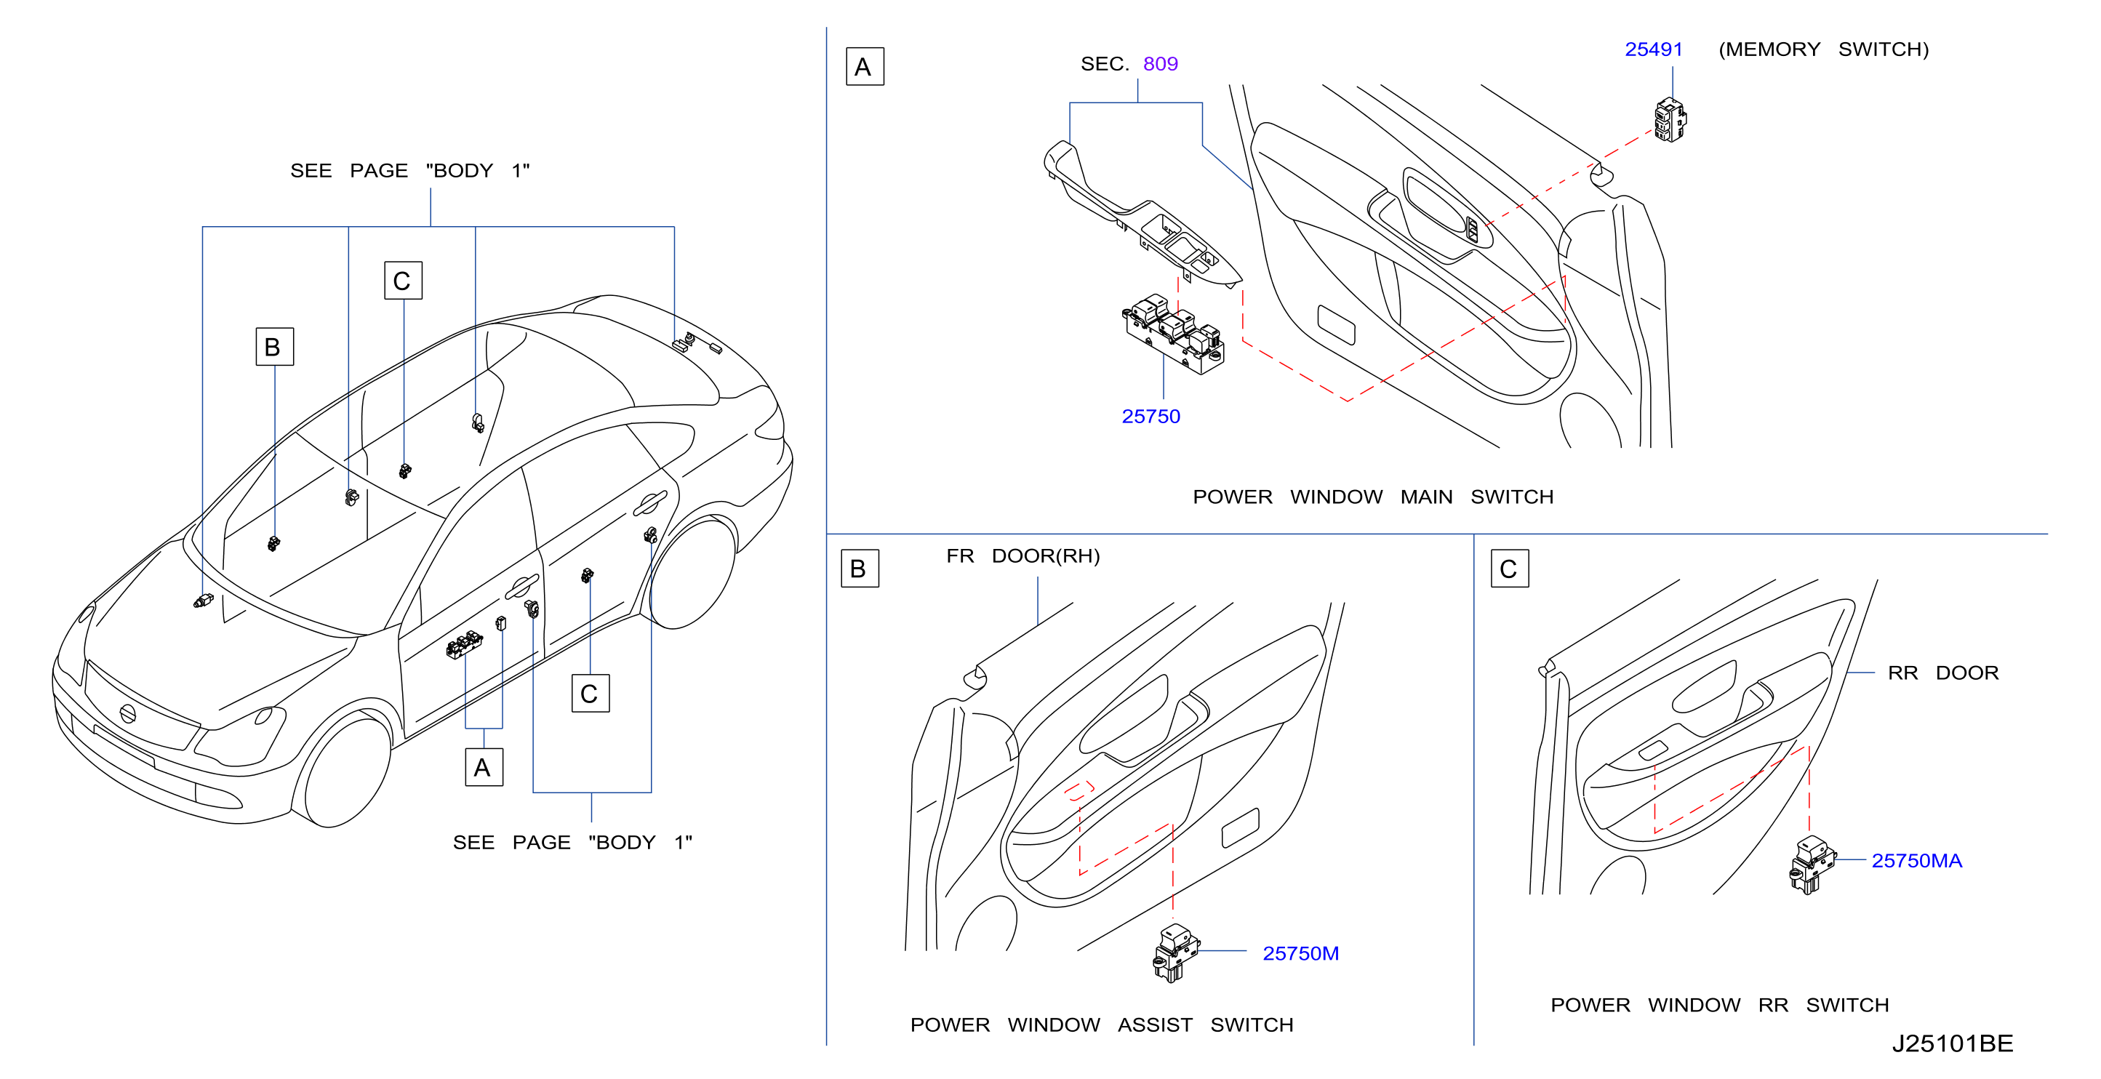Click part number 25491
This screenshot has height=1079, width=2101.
click(x=1653, y=49)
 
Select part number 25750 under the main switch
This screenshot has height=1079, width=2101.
click(x=1150, y=417)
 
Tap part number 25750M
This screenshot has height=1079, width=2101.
click(x=1301, y=953)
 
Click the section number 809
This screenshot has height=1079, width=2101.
click(x=1161, y=63)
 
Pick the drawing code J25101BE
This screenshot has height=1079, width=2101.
click(x=1953, y=1043)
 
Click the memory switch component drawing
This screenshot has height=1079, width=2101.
click(x=1670, y=120)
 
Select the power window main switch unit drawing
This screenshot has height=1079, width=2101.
click(x=1174, y=334)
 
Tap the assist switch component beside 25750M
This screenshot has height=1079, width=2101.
click(x=1175, y=952)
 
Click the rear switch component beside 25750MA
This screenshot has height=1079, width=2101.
click(x=1812, y=865)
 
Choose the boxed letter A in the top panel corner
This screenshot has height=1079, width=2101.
click(x=865, y=67)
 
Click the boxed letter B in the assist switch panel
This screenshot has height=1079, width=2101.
click(x=859, y=569)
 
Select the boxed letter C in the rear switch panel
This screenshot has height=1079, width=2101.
click(x=1509, y=569)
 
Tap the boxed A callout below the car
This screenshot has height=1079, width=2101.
click(x=484, y=768)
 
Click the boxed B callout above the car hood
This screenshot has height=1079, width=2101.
click(x=274, y=347)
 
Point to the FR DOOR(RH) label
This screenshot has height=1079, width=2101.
click(x=1023, y=556)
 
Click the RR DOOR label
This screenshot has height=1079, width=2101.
click(x=1942, y=673)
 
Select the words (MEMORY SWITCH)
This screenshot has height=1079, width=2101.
click(x=1824, y=49)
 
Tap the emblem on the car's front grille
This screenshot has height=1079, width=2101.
click(x=127, y=713)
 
